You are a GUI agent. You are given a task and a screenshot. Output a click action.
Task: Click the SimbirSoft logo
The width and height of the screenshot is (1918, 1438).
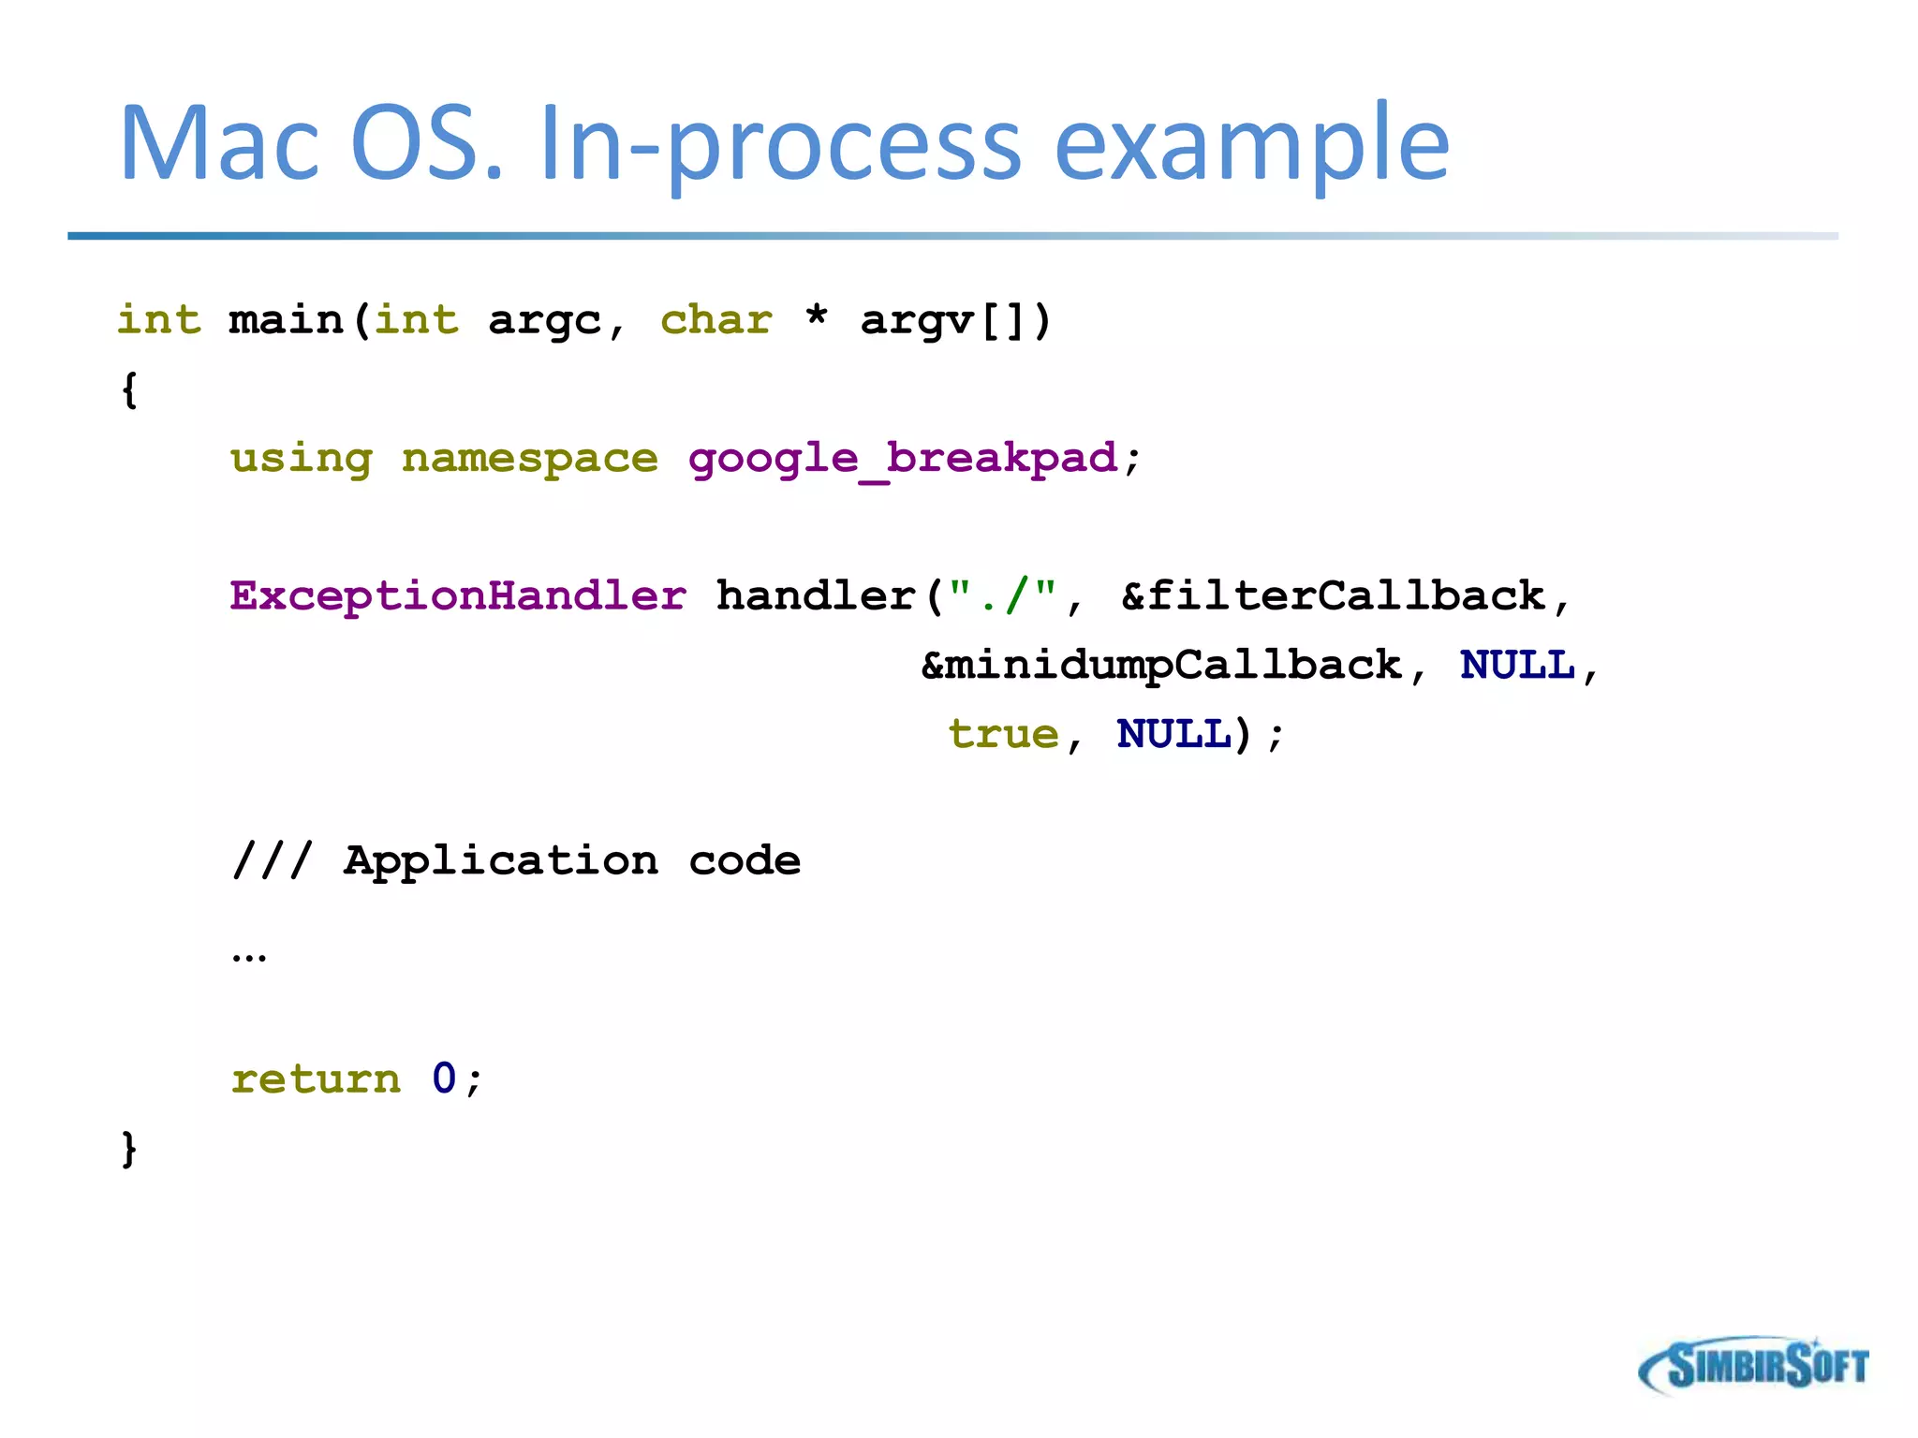pyautogui.click(x=1753, y=1366)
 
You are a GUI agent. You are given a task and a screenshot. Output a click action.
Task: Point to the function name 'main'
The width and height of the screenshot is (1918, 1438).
pyautogui.click(x=286, y=320)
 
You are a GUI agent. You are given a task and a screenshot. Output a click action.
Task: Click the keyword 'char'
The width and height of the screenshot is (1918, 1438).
pyautogui.click(x=716, y=320)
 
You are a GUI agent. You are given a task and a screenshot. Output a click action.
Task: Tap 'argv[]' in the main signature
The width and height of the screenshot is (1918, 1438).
pyautogui.click(x=955, y=321)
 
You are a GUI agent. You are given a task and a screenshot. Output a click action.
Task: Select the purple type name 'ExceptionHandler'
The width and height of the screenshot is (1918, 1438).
pyautogui.click(x=458, y=596)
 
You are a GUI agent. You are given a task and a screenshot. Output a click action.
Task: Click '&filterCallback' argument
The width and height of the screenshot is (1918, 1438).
pyautogui.click(x=1332, y=596)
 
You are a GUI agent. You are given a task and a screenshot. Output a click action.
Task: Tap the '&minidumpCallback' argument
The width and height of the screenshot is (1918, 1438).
pyautogui.click(x=1161, y=666)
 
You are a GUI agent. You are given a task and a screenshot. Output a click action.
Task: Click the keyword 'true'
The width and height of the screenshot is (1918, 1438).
pyautogui.click(x=1003, y=734)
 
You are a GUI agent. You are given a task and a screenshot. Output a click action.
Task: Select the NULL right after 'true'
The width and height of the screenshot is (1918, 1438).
pyautogui.click(x=1174, y=734)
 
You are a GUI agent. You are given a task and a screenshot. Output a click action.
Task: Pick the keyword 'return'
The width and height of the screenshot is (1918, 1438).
pyautogui.click(x=316, y=1079)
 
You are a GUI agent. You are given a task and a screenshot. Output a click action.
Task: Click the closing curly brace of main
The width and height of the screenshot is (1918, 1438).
pyautogui.click(x=129, y=1149)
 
